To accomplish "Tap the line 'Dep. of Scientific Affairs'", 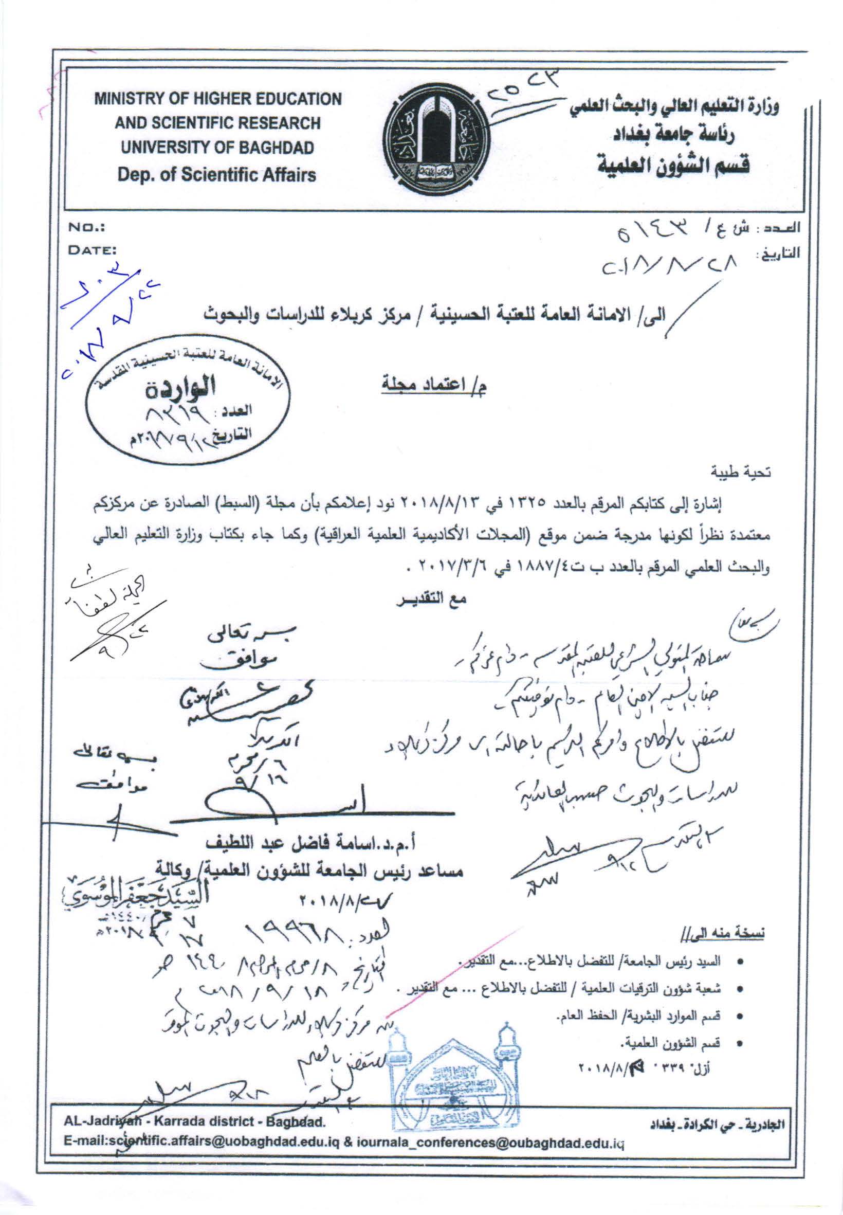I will click(217, 174).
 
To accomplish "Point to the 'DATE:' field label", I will click(93, 251).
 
